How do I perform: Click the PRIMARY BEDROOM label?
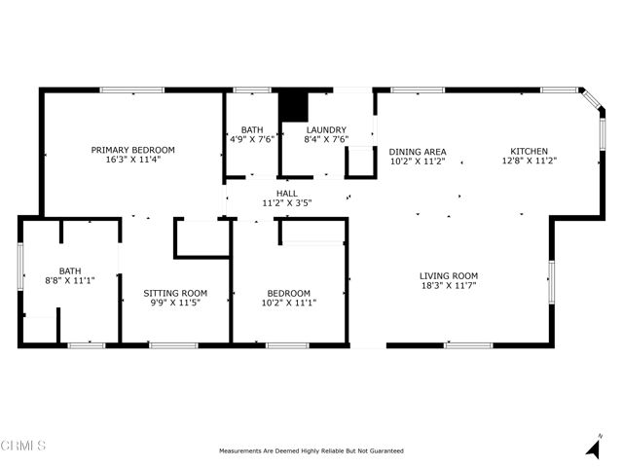coord(132,150)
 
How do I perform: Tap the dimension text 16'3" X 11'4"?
coord(132,160)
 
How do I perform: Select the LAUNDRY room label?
coord(326,129)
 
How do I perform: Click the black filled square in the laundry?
coord(293,107)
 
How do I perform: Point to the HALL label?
coord(287,194)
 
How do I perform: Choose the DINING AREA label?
coord(417,152)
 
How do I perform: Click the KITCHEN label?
coord(529,152)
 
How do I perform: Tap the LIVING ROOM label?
coord(448,276)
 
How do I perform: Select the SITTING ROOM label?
coord(175,293)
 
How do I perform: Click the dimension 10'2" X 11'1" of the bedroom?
coord(289,304)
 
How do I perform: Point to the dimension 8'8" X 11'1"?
coord(69,281)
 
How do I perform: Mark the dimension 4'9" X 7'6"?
coord(252,139)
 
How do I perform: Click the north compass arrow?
coord(593,448)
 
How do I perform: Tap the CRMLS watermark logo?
coord(23,447)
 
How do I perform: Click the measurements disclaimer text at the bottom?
coord(311,450)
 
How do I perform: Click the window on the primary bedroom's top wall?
coord(131,90)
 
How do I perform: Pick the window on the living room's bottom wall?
coord(467,345)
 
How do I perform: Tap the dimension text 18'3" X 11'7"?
coord(448,287)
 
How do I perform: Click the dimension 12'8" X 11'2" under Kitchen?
coord(529,162)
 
